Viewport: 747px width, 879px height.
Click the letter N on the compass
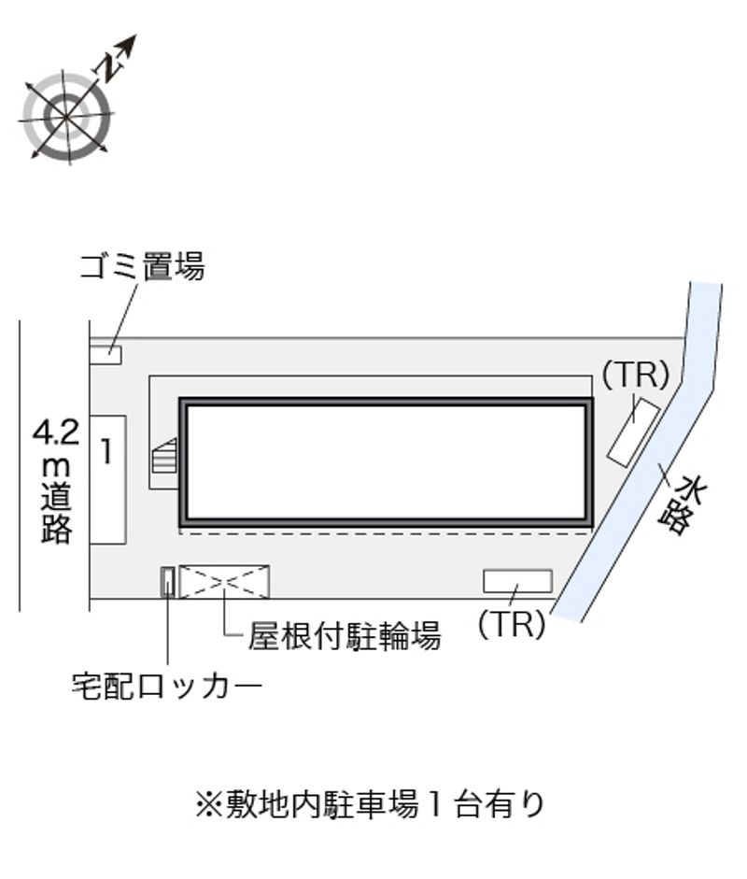pyautogui.click(x=110, y=65)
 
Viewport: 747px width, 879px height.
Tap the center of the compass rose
pyautogui.click(x=66, y=117)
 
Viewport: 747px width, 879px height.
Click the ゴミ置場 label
pyautogui.click(x=142, y=265)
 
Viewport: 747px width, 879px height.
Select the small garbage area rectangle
pyautogui.click(x=106, y=355)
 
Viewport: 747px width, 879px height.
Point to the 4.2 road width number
pyautogui.click(x=56, y=432)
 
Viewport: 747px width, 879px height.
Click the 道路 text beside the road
pyautogui.click(x=56, y=512)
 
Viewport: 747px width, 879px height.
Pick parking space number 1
pyautogui.click(x=107, y=479)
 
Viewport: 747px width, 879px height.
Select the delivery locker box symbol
pyautogui.click(x=167, y=582)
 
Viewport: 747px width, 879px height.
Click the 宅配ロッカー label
pyautogui.click(x=166, y=686)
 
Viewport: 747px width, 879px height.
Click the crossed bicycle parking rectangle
pyautogui.click(x=224, y=582)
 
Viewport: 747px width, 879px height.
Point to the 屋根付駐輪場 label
pyautogui.click(x=344, y=636)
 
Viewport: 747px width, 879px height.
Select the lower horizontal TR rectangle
pyautogui.click(x=518, y=581)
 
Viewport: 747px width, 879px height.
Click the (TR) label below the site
pyautogui.click(x=512, y=623)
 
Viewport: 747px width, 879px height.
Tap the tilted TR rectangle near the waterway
pyautogui.click(x=634, y=431)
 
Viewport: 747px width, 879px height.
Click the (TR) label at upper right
pyautogui.click(x=636, y=375)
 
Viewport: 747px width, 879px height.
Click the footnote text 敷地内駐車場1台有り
pyautogui.click(x=371, y=804)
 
